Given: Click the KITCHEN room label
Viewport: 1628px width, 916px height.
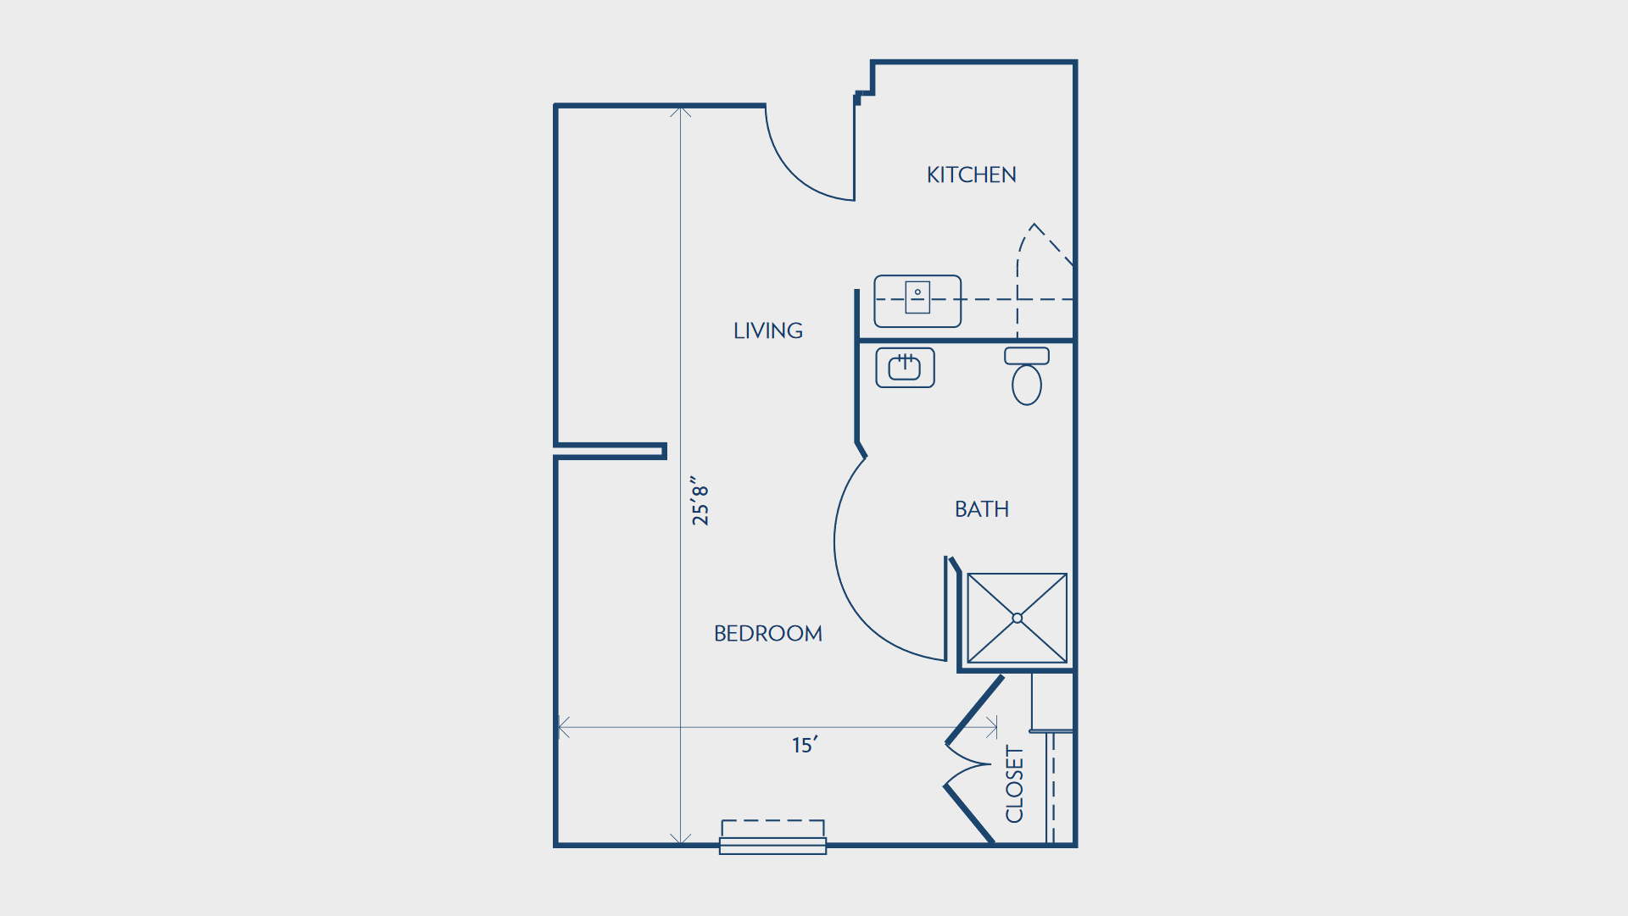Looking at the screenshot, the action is click(x=971, y=175).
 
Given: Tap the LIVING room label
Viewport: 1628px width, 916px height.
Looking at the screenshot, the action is click(x=768, y=330).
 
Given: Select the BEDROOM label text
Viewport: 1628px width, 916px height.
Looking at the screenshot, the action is click(x=768, y=634).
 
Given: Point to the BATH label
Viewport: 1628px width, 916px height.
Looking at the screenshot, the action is click(x=982, y=509).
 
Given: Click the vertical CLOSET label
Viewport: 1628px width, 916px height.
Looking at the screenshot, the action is click(x=1015, y=784).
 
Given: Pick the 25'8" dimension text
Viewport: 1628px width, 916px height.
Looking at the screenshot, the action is click(x=700, y=501).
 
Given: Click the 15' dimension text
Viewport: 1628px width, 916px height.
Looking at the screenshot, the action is click(x=805, y=745).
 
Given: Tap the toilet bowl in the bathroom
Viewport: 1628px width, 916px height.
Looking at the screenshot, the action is click(x=1027, y=385).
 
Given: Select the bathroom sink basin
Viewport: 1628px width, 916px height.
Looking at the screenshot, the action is click(x=905, y=368).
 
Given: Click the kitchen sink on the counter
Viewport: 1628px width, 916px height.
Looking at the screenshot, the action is click(x=917, y=297).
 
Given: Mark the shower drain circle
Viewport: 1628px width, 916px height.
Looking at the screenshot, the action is click(x=1017, y=619).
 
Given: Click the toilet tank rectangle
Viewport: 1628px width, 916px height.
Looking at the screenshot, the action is click(x=1027, y=356).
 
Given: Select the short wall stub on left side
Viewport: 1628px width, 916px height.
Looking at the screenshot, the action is click(x=610, y=451).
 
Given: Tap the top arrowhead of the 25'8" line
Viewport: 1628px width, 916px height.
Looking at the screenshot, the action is click(x=680, y=111).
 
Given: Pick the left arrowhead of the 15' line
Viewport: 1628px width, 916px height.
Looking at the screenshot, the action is click(x=563, y=727).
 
